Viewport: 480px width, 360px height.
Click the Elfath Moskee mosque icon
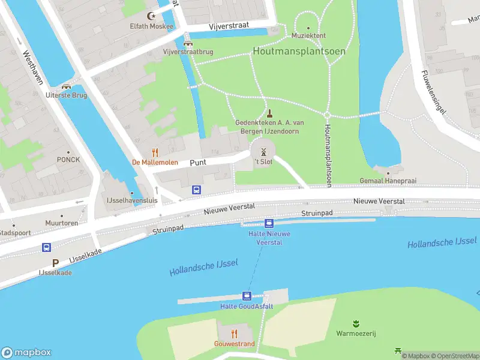coord(151,16)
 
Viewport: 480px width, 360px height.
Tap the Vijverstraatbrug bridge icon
coord(188,43)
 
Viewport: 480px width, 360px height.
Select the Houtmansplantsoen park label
coord(299,51)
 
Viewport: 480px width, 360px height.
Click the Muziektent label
coord(308,35)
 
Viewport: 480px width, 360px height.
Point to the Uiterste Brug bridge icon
coord(66,86)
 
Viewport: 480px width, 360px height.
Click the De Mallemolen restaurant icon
coord(155,152)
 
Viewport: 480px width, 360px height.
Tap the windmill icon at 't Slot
coord(263,152)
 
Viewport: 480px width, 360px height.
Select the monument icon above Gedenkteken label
coord(270,112)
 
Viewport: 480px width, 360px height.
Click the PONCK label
coord(68,160)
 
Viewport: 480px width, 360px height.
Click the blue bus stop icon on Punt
coord(196,190)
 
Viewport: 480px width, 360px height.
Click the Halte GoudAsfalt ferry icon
coord(247,296)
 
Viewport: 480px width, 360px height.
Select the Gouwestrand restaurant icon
coord(234,334)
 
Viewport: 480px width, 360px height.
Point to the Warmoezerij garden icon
coord(356,323)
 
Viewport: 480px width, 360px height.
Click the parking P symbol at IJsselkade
coord(55,263)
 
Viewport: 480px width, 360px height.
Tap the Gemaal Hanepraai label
coord(388,180)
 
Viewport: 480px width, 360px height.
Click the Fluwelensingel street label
coord(434,94)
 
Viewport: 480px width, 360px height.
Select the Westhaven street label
coord(34,67)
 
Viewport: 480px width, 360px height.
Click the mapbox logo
coord(26,352)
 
